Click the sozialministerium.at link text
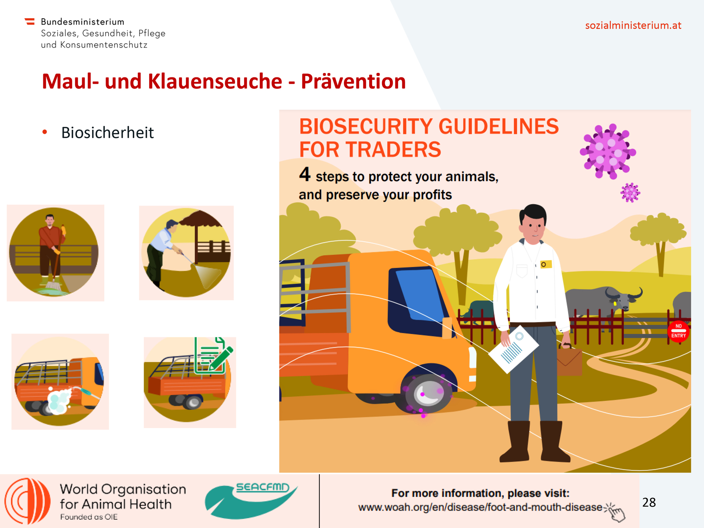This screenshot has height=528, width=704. tap(633, 25)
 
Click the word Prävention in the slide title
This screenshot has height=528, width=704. tap(353, 81)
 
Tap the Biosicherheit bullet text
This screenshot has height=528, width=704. tap(107, 133)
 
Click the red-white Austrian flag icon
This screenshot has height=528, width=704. tap(30, 22)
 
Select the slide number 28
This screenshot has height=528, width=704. tap(649, 502)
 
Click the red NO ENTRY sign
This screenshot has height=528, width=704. tap(678, 331)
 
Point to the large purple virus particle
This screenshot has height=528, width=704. tap(608, 151)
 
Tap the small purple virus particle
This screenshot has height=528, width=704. tap(630, 192)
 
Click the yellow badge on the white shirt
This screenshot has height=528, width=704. tap(546, 264)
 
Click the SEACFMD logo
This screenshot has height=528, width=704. tap(251, 500)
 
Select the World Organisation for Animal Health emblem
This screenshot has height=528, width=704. tap(27, 501)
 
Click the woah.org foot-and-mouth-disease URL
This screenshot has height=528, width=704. tap(480, 507)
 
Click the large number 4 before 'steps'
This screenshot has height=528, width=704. tap(305, 174)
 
